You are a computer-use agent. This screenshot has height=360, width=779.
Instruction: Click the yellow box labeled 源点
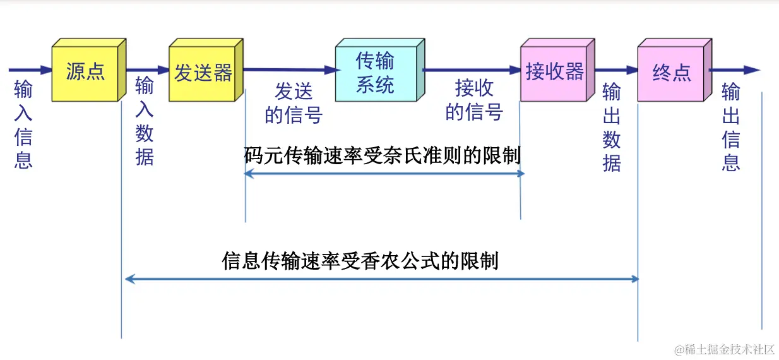coord(85,72)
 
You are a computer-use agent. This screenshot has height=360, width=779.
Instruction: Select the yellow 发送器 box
coord(203,73)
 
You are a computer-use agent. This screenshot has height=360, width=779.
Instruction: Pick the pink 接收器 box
coord(554,72)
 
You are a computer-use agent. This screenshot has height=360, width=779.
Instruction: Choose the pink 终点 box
coord(671,73)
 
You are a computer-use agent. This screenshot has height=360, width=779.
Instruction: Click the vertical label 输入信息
coord(23,124)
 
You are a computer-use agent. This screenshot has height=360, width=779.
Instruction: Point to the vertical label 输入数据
coord(145,121)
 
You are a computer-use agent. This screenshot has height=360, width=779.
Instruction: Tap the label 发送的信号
coord(294,104)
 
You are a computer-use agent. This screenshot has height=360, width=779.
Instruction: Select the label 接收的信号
coord(474,100)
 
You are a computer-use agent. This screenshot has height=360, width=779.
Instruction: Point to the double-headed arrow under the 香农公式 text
coord(382,279)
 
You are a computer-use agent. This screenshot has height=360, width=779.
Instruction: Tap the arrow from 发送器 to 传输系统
coord(290,69)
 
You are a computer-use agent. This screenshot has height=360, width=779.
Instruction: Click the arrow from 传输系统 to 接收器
coord(471,69)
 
